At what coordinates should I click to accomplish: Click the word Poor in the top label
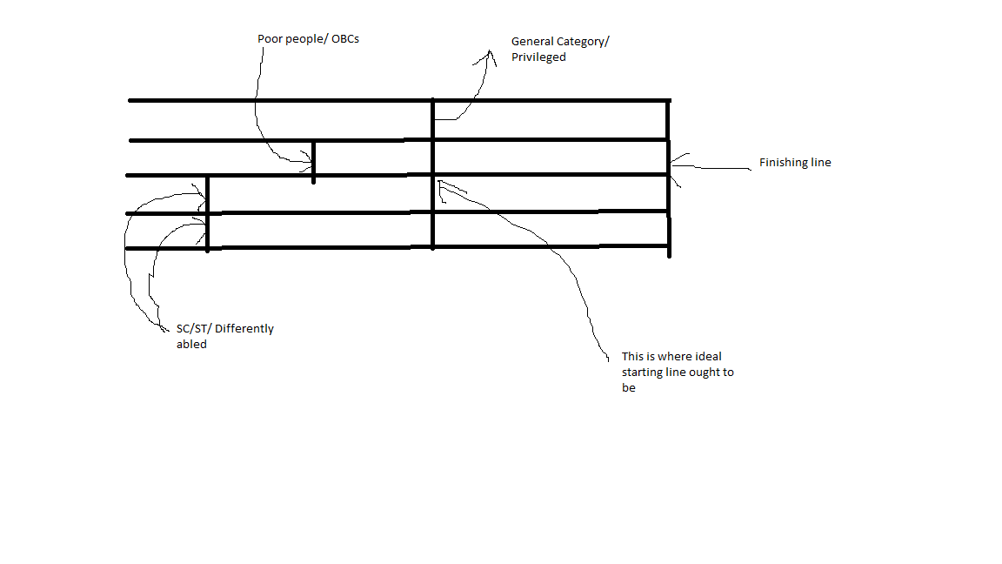click(269, 39)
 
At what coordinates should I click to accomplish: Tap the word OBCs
click(345, 39)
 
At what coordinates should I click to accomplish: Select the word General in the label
click(531, 42)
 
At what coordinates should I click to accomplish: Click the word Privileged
click(538, 57)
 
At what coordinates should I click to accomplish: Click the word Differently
click(244, 329)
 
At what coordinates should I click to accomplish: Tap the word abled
click(191, 344)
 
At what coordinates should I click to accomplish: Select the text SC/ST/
click(194, 329)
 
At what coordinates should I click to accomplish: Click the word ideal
click(708, 356)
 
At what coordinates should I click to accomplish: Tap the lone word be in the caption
click(629, 387)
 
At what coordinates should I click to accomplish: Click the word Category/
click(582, 42)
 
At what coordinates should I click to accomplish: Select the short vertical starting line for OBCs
click(313, 162)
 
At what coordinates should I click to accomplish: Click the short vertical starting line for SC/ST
click(208, 214)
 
